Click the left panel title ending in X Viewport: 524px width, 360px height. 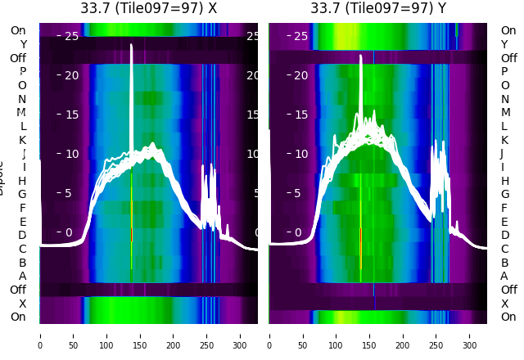click(148, 8)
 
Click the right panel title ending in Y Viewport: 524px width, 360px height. click(378, 8)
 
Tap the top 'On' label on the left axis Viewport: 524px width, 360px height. click(18, 30)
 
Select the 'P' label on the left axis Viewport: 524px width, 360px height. click(22, 72)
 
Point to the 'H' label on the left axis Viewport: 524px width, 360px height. click(22, 181)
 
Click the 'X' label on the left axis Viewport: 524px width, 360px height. click(22, 304)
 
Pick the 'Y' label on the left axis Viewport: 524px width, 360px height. click(22, 44)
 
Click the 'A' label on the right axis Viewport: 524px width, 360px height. click(504, 277)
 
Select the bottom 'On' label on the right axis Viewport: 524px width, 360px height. click(508, 317)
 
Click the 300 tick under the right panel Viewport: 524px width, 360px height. click(471, 335)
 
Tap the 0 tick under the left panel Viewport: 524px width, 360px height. click(40, 335)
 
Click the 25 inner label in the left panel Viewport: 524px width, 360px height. click(71, 36)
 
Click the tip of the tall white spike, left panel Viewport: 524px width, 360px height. click(131, 45)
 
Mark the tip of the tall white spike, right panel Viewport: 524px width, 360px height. click(360, 56)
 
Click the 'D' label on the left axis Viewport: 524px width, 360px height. click(22, 236)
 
